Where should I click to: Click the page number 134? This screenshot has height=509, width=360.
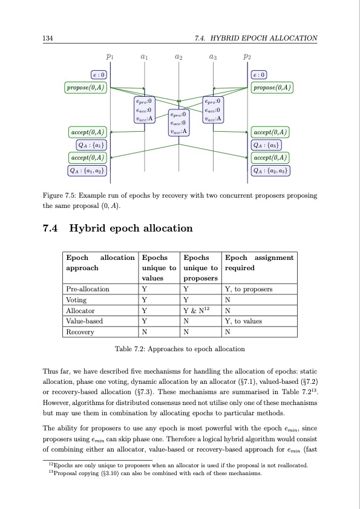coord(46,38)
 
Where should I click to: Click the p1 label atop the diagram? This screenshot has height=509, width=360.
coord(110,57)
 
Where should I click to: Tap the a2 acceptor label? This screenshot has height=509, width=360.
coord(178,57)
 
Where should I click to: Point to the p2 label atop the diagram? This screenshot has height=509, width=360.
coord(247,57)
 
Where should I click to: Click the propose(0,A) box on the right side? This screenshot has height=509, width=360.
coord(272,88)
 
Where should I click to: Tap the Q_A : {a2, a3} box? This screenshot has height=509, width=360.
coord(272,170)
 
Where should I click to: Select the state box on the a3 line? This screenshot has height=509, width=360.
coord(213,110)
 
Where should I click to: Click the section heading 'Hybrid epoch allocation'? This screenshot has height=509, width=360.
coord(131,229)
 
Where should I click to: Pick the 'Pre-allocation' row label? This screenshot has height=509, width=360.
coord(88,289)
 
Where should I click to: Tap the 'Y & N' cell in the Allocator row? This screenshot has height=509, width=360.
coord(195,310)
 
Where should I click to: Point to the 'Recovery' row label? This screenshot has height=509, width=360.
coord(79,332)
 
